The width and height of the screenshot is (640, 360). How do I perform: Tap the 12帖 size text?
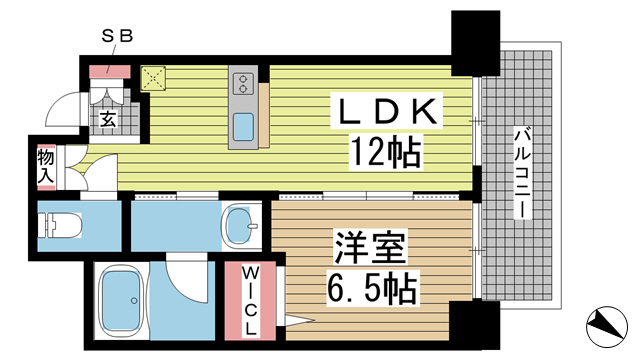click(x=384, y=151)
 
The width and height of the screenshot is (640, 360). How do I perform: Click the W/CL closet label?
click(x=248, y=296)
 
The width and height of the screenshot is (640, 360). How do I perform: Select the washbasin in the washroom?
click(x=239, y=225)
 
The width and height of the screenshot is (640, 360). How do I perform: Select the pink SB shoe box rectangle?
click(x=107, y=71)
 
